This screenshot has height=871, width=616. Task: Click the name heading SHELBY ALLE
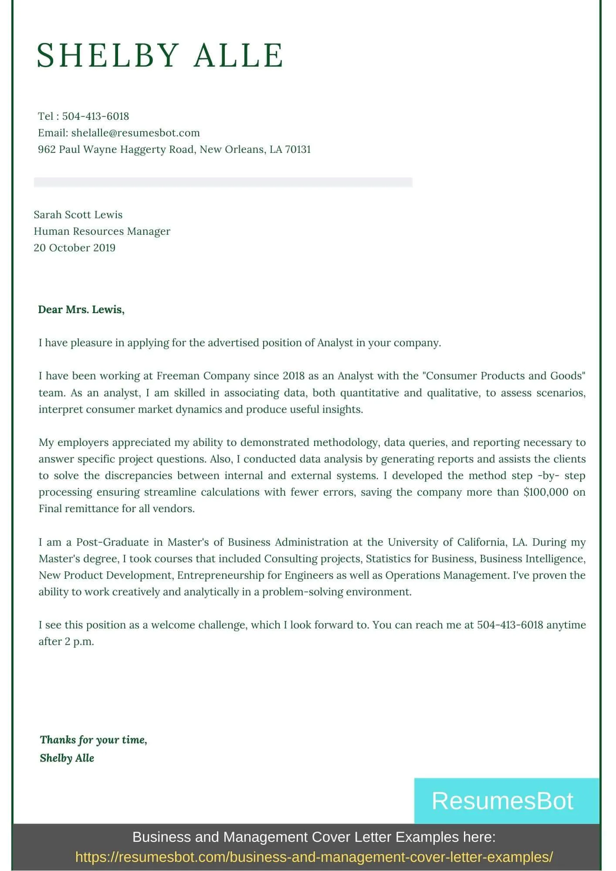(160, 55)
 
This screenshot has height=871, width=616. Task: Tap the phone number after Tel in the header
(95, 116)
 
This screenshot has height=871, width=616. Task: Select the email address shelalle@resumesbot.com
(135, 133)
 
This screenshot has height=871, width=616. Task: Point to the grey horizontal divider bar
(223, 182)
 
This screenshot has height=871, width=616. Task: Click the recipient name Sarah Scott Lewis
(78, 215)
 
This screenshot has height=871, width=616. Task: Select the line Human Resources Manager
(102, 231)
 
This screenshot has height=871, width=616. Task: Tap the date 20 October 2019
(74, 248)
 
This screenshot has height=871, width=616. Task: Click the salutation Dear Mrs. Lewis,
(81, 310)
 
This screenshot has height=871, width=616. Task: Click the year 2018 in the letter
(293, 376)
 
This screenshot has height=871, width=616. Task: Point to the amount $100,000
(546, 492)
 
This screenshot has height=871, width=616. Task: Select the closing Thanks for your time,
(94, 740)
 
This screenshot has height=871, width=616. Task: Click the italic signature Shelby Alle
(67, 758)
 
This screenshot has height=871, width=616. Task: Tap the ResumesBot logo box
(506, 801)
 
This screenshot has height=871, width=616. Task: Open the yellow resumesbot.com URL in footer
(314, 857)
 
